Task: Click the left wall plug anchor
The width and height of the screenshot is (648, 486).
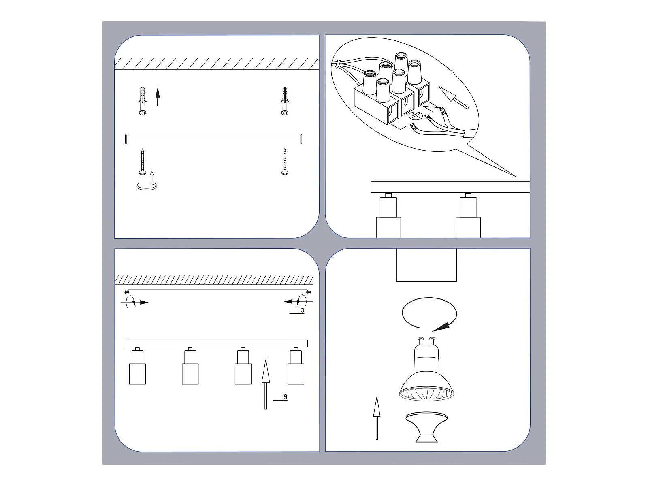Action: (143, 101)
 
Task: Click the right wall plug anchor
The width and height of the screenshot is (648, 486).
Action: (285, 101)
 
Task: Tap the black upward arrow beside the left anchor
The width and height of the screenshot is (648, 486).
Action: (158, 96)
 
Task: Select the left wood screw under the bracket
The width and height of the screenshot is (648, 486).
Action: (142, 162)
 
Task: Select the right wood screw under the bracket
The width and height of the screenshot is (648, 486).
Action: (285, 162)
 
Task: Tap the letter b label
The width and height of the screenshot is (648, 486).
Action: (302, 309)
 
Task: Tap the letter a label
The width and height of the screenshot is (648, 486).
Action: (285, 396)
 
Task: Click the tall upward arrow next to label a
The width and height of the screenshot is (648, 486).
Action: (266, 384)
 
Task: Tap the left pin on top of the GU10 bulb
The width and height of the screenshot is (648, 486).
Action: (421, 341)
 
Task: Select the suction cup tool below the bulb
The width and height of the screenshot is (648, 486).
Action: (426, 427)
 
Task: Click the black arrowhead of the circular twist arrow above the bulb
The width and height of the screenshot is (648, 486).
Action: (441, 327)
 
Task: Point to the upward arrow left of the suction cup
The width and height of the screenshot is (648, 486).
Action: (377, 418)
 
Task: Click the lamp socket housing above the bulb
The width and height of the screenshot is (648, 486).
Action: (426, 265)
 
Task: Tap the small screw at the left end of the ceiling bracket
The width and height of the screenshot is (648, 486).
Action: (126, 292)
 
